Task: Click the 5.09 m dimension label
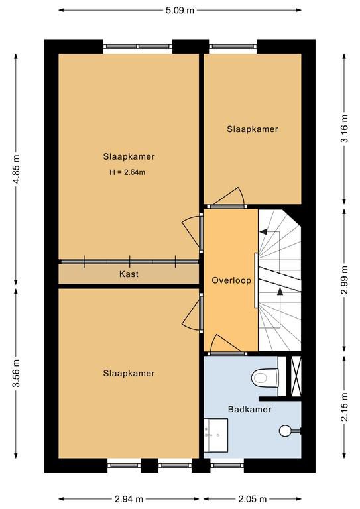180,10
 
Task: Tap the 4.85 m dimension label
16,169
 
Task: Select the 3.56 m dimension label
16,373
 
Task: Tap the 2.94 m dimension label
129,499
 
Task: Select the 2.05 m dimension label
252,499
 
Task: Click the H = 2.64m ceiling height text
127,172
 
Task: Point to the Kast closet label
129,274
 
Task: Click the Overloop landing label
231,280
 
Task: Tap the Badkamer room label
250,409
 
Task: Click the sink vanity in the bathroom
216,435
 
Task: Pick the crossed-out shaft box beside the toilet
296,376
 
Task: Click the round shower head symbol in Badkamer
285,431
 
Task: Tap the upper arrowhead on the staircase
263,231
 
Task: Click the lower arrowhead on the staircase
280,291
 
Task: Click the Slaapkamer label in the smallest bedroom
253,129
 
